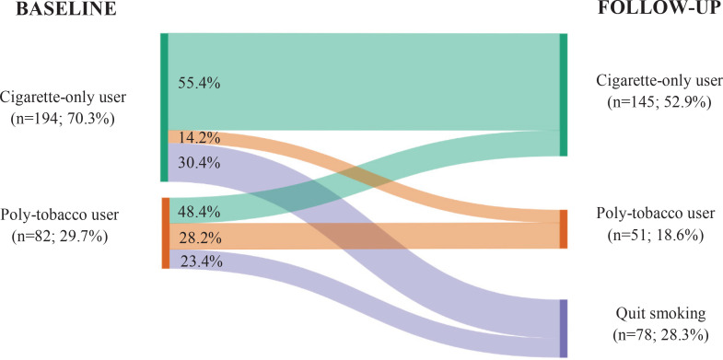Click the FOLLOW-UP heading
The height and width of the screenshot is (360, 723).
660,10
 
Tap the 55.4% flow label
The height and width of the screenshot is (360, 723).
199,84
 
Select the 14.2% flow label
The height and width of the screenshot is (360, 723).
199,138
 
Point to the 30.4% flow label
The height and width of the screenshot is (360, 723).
199,163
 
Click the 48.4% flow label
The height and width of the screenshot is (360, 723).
199,213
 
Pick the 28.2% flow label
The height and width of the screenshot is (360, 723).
199,238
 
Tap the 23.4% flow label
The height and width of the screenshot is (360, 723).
199,262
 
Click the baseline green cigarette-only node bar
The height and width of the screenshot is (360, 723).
164,108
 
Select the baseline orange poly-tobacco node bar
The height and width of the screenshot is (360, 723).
166,233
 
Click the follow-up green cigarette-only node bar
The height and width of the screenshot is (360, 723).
564,95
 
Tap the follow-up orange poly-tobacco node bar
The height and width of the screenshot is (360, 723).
564,229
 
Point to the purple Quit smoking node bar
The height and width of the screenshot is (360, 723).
564,328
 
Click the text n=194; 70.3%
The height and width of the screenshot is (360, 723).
63,119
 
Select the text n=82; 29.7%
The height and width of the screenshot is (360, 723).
60,236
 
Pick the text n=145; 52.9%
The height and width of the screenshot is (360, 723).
659,101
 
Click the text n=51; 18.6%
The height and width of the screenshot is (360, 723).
655,235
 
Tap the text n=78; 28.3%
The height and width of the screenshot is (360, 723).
660,334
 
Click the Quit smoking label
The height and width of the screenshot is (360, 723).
660,314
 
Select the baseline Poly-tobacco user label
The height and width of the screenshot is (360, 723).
60,215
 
